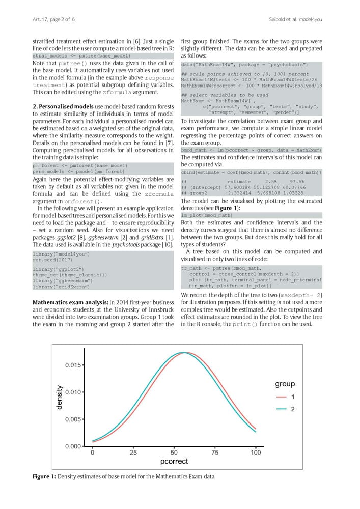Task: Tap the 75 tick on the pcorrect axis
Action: [215, 453]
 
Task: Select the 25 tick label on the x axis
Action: [133, 453]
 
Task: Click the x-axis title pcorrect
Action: [174, 462]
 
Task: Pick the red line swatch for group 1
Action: [281, 397]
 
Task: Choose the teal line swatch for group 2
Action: [281, 409]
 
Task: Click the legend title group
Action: [285, 384]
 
